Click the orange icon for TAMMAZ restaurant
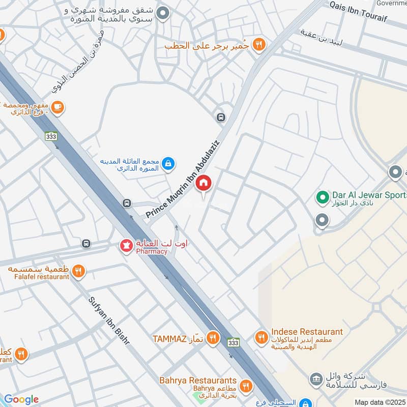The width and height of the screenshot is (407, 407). tap(213, 338)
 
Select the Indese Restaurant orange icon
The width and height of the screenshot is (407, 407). tap(261, 337)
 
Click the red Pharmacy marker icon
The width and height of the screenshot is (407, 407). tap(125, 246)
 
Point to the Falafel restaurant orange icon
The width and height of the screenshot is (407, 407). tap(78, 271)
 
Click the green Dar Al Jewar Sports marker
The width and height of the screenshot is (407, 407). tap(322, 196)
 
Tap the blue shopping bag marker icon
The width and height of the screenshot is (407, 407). tap(169, 163)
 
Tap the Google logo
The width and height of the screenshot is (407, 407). tap(21, 399)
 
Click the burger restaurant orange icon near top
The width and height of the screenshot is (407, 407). tap(259, 45)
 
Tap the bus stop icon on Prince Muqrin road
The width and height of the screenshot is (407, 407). tap(221, 117)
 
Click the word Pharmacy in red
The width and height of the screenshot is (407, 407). tap(151, 251)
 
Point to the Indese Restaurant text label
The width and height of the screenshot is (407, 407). tap(307, 332)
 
